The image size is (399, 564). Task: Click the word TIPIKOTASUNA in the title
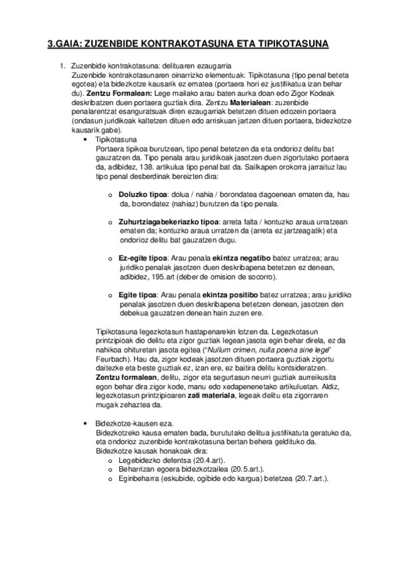pyautogui.click(x=292, y=44)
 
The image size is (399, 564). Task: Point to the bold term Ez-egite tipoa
pyautogui.click(x=142, y=257)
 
